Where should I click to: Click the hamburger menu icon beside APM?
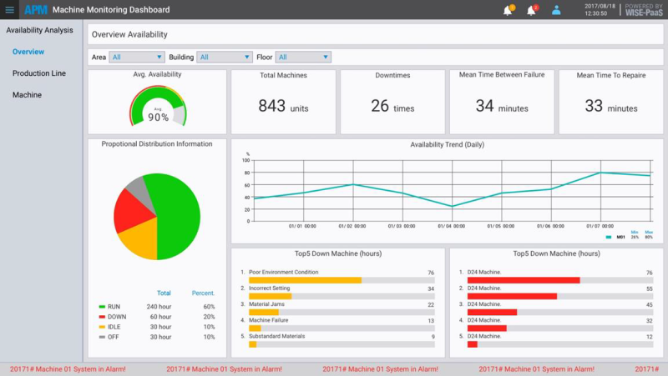click(x=10, y=10)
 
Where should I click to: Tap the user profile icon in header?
click(x=556, y=10)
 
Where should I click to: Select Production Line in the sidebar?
click(x=38, y=73)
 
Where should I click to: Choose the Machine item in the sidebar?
click(x=27, y=95)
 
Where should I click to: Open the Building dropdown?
click(x=224, y=57)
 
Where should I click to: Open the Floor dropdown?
click(x=303, y=57)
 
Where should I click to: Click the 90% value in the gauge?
click(x=158, y=118)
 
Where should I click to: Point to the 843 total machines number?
click(x=271, y=106)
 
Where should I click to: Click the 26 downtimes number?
click(x=380, y=106)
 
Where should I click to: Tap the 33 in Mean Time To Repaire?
click(x=594, y=106)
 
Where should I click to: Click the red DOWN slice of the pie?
click(x=134, y=211)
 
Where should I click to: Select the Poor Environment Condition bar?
click(x=305, y=280)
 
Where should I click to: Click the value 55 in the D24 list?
click(x=649, y=288)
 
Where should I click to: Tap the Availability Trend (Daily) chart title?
click(x=447, y=144)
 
